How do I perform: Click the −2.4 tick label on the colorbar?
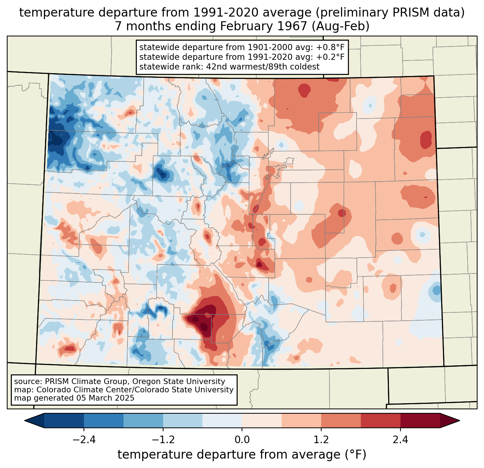coord(84,440)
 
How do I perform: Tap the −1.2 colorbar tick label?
coord(163,440)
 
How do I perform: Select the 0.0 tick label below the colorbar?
coord(242,440)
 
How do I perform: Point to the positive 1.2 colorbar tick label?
coord(321,440)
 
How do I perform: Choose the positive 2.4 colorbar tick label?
coord(400,440)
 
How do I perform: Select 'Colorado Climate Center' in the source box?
coord(78,390)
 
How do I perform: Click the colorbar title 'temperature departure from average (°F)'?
coord(242,455)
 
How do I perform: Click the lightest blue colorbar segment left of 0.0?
coord(222,420)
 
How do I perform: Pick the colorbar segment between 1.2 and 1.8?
coord(341,420)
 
